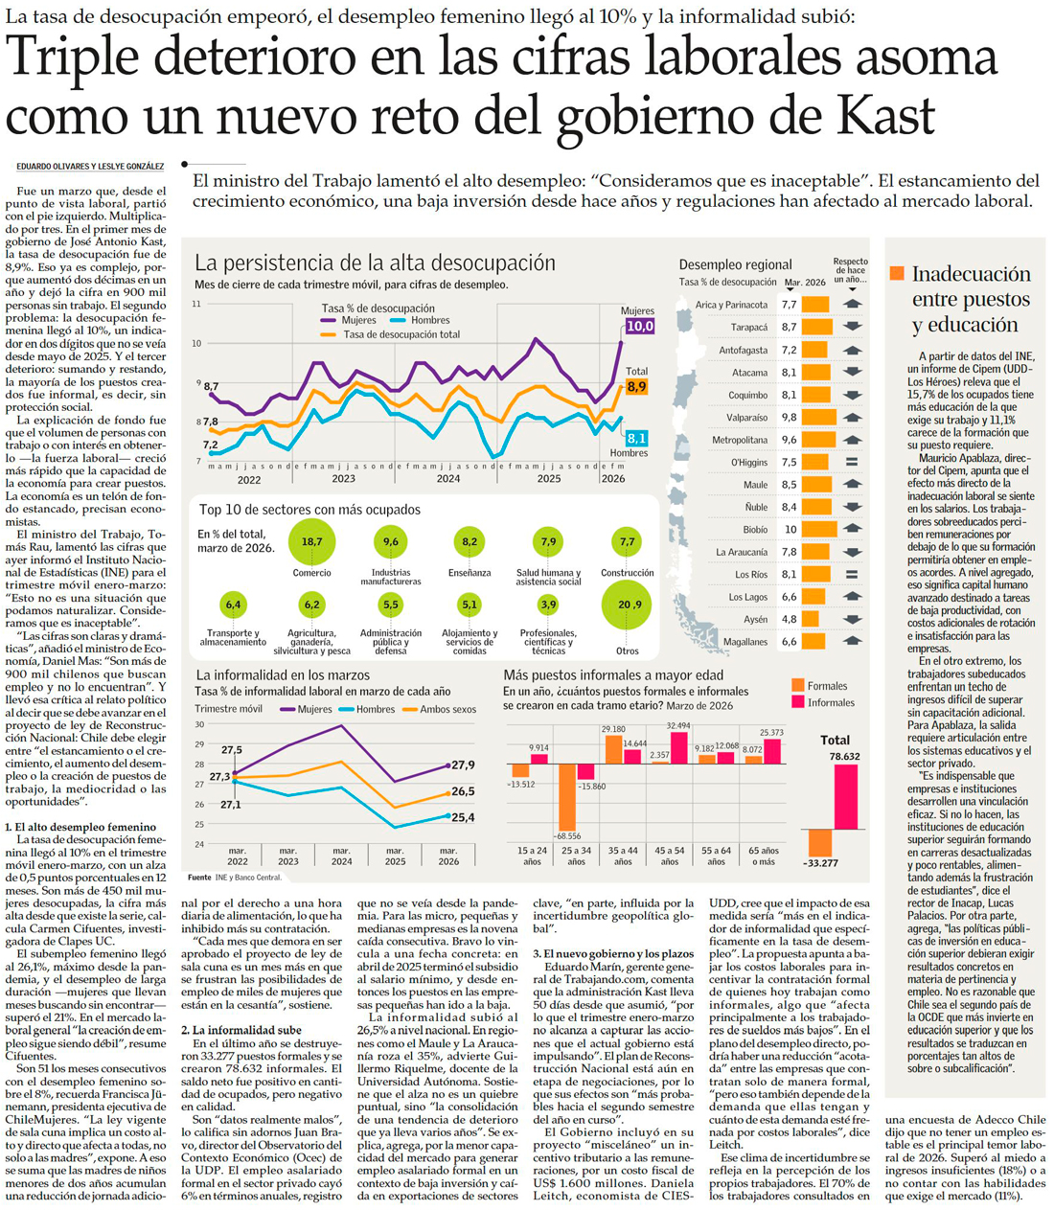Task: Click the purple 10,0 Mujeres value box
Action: [x=639, y=326]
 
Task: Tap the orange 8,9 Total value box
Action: [x=636, y=387]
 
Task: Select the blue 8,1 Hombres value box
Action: [x=636, y=438]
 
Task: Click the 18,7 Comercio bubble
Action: [x=311, y=541]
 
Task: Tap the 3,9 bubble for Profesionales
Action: [x=548, y=605]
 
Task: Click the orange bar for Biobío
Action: [x=819, y=529]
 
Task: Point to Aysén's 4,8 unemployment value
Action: [x=789, y=619]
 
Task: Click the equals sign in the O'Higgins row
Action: [x=852, y=462]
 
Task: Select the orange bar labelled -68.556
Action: [x=567, y=797]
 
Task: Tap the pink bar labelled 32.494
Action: [x=679, y=747]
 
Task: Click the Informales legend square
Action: [x=798, y=702]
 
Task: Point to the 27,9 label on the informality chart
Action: [x=463, y=765]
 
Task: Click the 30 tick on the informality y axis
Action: [x=199, y=724]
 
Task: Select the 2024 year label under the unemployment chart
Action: [x=447, y=478]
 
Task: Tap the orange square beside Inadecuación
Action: [x=897, y=273]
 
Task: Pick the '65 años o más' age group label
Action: [x=763, y=856]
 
